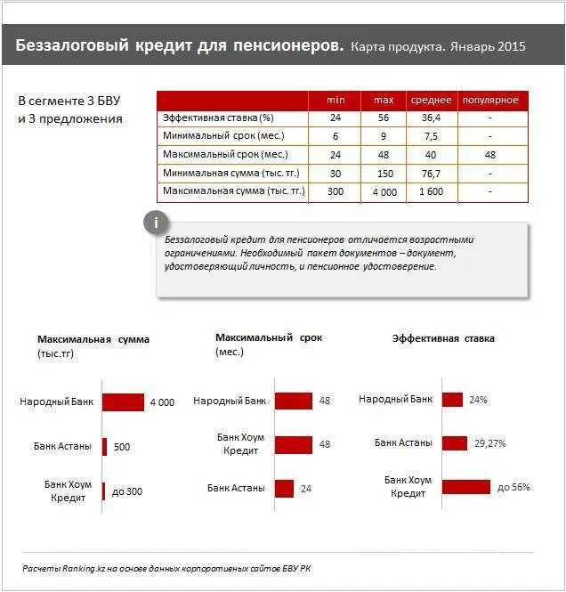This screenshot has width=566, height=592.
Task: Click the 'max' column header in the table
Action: pos(384,100)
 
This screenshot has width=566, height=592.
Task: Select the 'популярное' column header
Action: pos(489,100)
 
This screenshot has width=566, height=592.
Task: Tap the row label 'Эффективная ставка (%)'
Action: pos(218,118)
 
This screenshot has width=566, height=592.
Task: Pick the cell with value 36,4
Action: pos(431,118)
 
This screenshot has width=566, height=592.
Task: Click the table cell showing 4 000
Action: pos(384,191)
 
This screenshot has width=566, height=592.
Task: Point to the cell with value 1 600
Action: pos(431,191)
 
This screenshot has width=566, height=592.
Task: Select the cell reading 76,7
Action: pos(431,173)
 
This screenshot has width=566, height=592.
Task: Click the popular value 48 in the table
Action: pos(489,155)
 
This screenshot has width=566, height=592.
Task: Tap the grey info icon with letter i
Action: pos(157,222)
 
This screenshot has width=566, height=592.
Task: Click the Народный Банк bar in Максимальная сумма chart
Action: pos(123,402)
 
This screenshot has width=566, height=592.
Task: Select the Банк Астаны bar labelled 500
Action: pos(105,446)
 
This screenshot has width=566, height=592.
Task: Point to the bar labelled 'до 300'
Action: pos(104,491)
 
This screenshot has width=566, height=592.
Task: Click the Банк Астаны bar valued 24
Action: pos(284,488)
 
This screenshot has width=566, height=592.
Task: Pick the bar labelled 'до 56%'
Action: pos(466,486)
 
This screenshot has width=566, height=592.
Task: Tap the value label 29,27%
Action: pos(489,442)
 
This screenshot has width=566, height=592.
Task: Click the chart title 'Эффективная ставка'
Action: pos(443,338)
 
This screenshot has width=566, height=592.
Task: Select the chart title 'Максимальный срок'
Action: pos(269,337)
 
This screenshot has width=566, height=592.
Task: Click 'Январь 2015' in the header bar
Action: pos(488,45)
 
